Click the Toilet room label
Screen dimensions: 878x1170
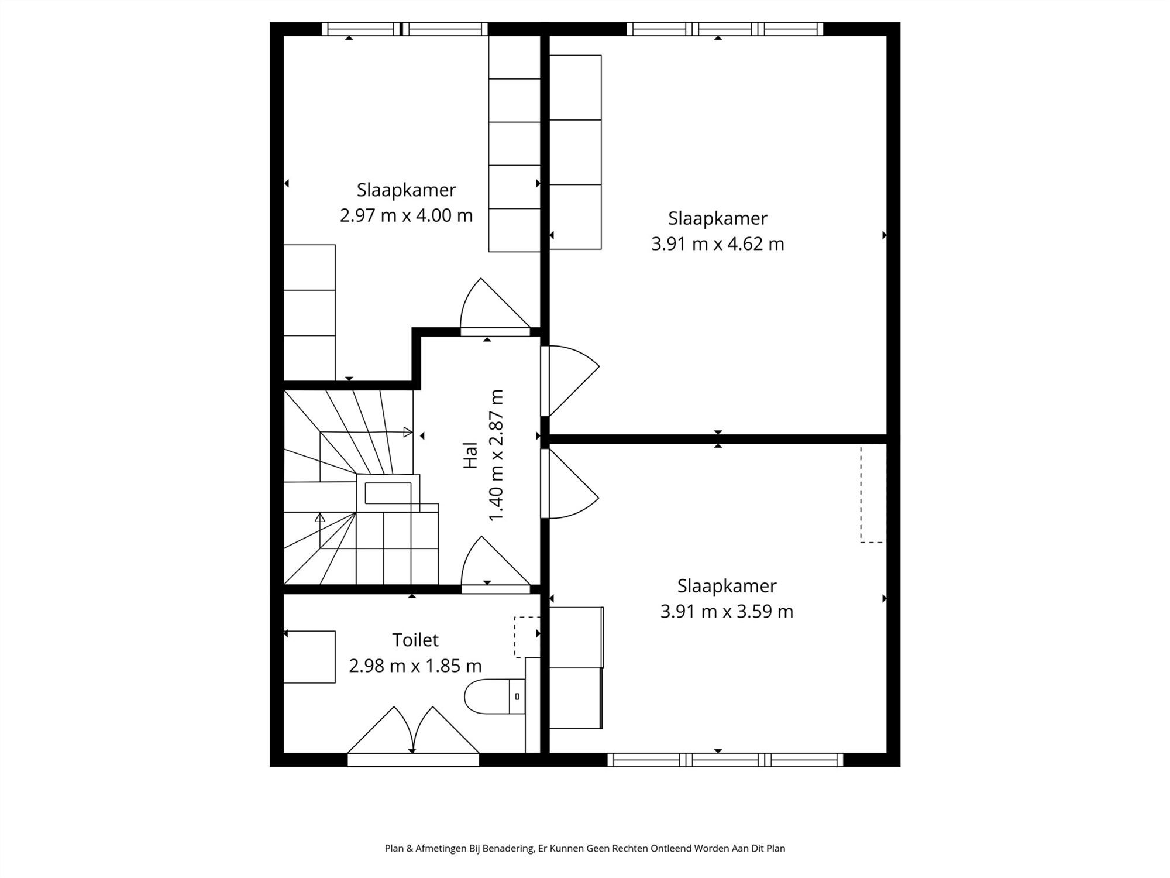point(415,640)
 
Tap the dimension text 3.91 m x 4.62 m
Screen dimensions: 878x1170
point(717,243)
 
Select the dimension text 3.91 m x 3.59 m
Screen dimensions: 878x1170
point(727,611)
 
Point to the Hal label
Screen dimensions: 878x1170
point(470,455)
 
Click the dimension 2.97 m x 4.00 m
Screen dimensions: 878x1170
point(406,215)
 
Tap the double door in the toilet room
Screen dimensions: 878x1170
point(413,732)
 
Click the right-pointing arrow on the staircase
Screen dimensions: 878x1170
point(408,433)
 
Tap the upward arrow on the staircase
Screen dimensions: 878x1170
point(320,518)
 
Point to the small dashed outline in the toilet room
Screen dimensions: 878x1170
point(525,637)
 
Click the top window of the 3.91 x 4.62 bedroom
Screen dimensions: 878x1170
point(725,29)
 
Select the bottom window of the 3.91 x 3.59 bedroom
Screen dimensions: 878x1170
point(725,760)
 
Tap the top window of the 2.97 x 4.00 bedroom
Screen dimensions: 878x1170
point(404,29)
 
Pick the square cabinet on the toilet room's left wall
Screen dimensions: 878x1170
point(309,657)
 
